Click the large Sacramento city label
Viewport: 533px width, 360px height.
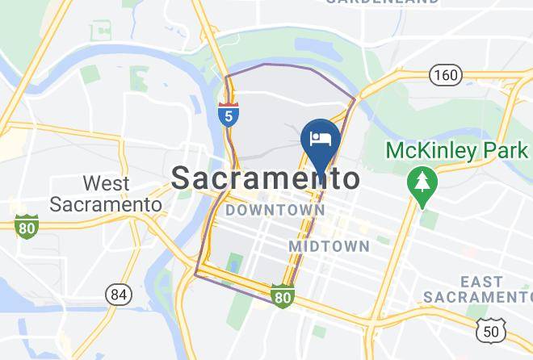pyautogui.click(x=266, y=178)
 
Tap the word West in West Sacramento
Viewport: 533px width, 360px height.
pyautogui.click(x=106, y=184)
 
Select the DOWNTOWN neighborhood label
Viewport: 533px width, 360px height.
pyautogui.click(x=275, y=211)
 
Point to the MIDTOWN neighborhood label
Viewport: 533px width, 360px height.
pyautogui.click(x=329, y=245)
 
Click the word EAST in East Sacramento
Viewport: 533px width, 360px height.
pyautogui.click(x=481, y=282)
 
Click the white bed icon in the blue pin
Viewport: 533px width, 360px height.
pyautogui.click(x=321, y=137)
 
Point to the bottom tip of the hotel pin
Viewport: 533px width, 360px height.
pyautogui.click(x=321, y=174)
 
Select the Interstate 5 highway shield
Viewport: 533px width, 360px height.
pyautogui.click(x=229, y=115)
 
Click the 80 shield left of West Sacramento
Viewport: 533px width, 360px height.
pyautogui.click(x=27, y=227)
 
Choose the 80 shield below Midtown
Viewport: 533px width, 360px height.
pyautogui.click(x=281, y=298)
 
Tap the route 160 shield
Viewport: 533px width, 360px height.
pyautogui.click(x=445, y=76)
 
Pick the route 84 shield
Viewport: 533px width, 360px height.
pyautogui.click(x=119, y=295)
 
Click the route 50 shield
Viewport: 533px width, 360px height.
pyautogui.click(x=491, y=331)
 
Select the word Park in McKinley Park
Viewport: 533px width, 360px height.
pyautogui.click(x=506, y=151)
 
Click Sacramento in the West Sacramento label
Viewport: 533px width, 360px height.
pyautogui.click(x=105, y=204)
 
